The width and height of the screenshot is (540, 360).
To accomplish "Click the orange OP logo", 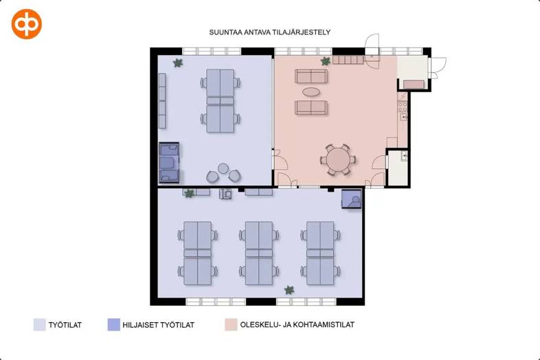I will [27, 24].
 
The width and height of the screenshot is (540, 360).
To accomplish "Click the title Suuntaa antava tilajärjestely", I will [270, 32].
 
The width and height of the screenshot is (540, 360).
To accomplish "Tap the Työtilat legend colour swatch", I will [40, 325].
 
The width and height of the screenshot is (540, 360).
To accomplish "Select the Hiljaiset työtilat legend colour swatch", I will [114, 325].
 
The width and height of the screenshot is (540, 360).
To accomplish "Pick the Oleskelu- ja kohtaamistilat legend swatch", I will [230, 325].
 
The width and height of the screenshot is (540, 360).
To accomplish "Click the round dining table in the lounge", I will [338, 159].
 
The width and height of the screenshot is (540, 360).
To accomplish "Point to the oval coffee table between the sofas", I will [311, 91].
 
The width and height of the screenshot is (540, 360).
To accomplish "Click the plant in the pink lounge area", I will [325, 62].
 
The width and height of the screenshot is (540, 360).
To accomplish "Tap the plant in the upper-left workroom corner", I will [178, 63].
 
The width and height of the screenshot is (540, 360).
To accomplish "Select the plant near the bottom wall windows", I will [289, 290].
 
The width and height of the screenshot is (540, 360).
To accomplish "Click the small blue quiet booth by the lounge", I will [352, 199].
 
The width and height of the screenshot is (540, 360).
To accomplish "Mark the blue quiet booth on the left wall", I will [169, 163].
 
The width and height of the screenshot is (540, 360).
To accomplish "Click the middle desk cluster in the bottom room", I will [259, 254].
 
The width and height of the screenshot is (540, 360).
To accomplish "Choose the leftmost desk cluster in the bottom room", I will [197, 254].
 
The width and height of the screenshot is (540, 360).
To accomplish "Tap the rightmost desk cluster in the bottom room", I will [320, 254].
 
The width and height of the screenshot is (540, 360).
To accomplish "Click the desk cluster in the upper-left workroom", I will [221, 100].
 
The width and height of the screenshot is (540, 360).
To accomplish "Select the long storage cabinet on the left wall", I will [163, 100].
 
